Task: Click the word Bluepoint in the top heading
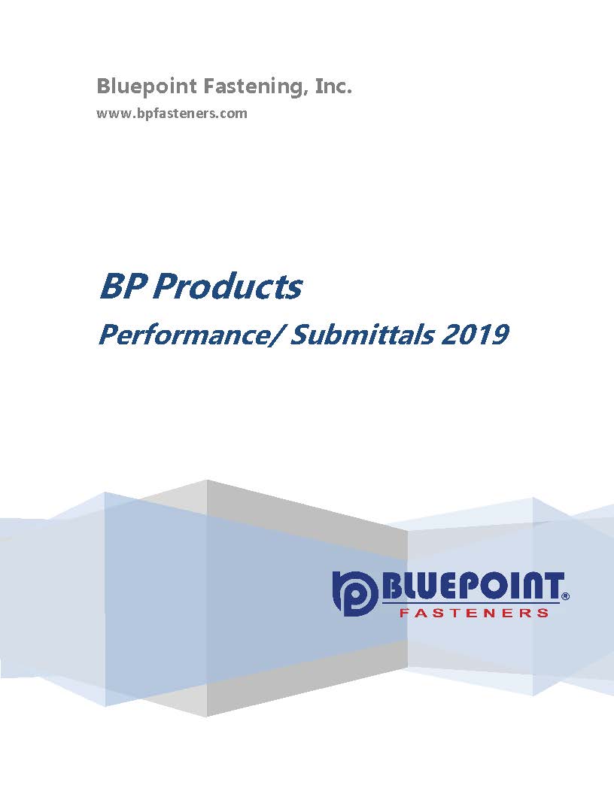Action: coord(147,86)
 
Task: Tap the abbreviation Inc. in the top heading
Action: coord(333,85)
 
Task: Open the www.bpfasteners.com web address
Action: coord(172,113)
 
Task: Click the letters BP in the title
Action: coord(123,286)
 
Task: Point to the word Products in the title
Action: coord(227,286)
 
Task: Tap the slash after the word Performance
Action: coord(275,335)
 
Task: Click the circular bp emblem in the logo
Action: coord(354,593)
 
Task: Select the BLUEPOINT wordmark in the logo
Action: coord(473,587)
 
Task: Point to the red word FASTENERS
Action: coord(474,613)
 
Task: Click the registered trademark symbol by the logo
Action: coord(566,596)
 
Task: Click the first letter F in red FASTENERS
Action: coord(404,613)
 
